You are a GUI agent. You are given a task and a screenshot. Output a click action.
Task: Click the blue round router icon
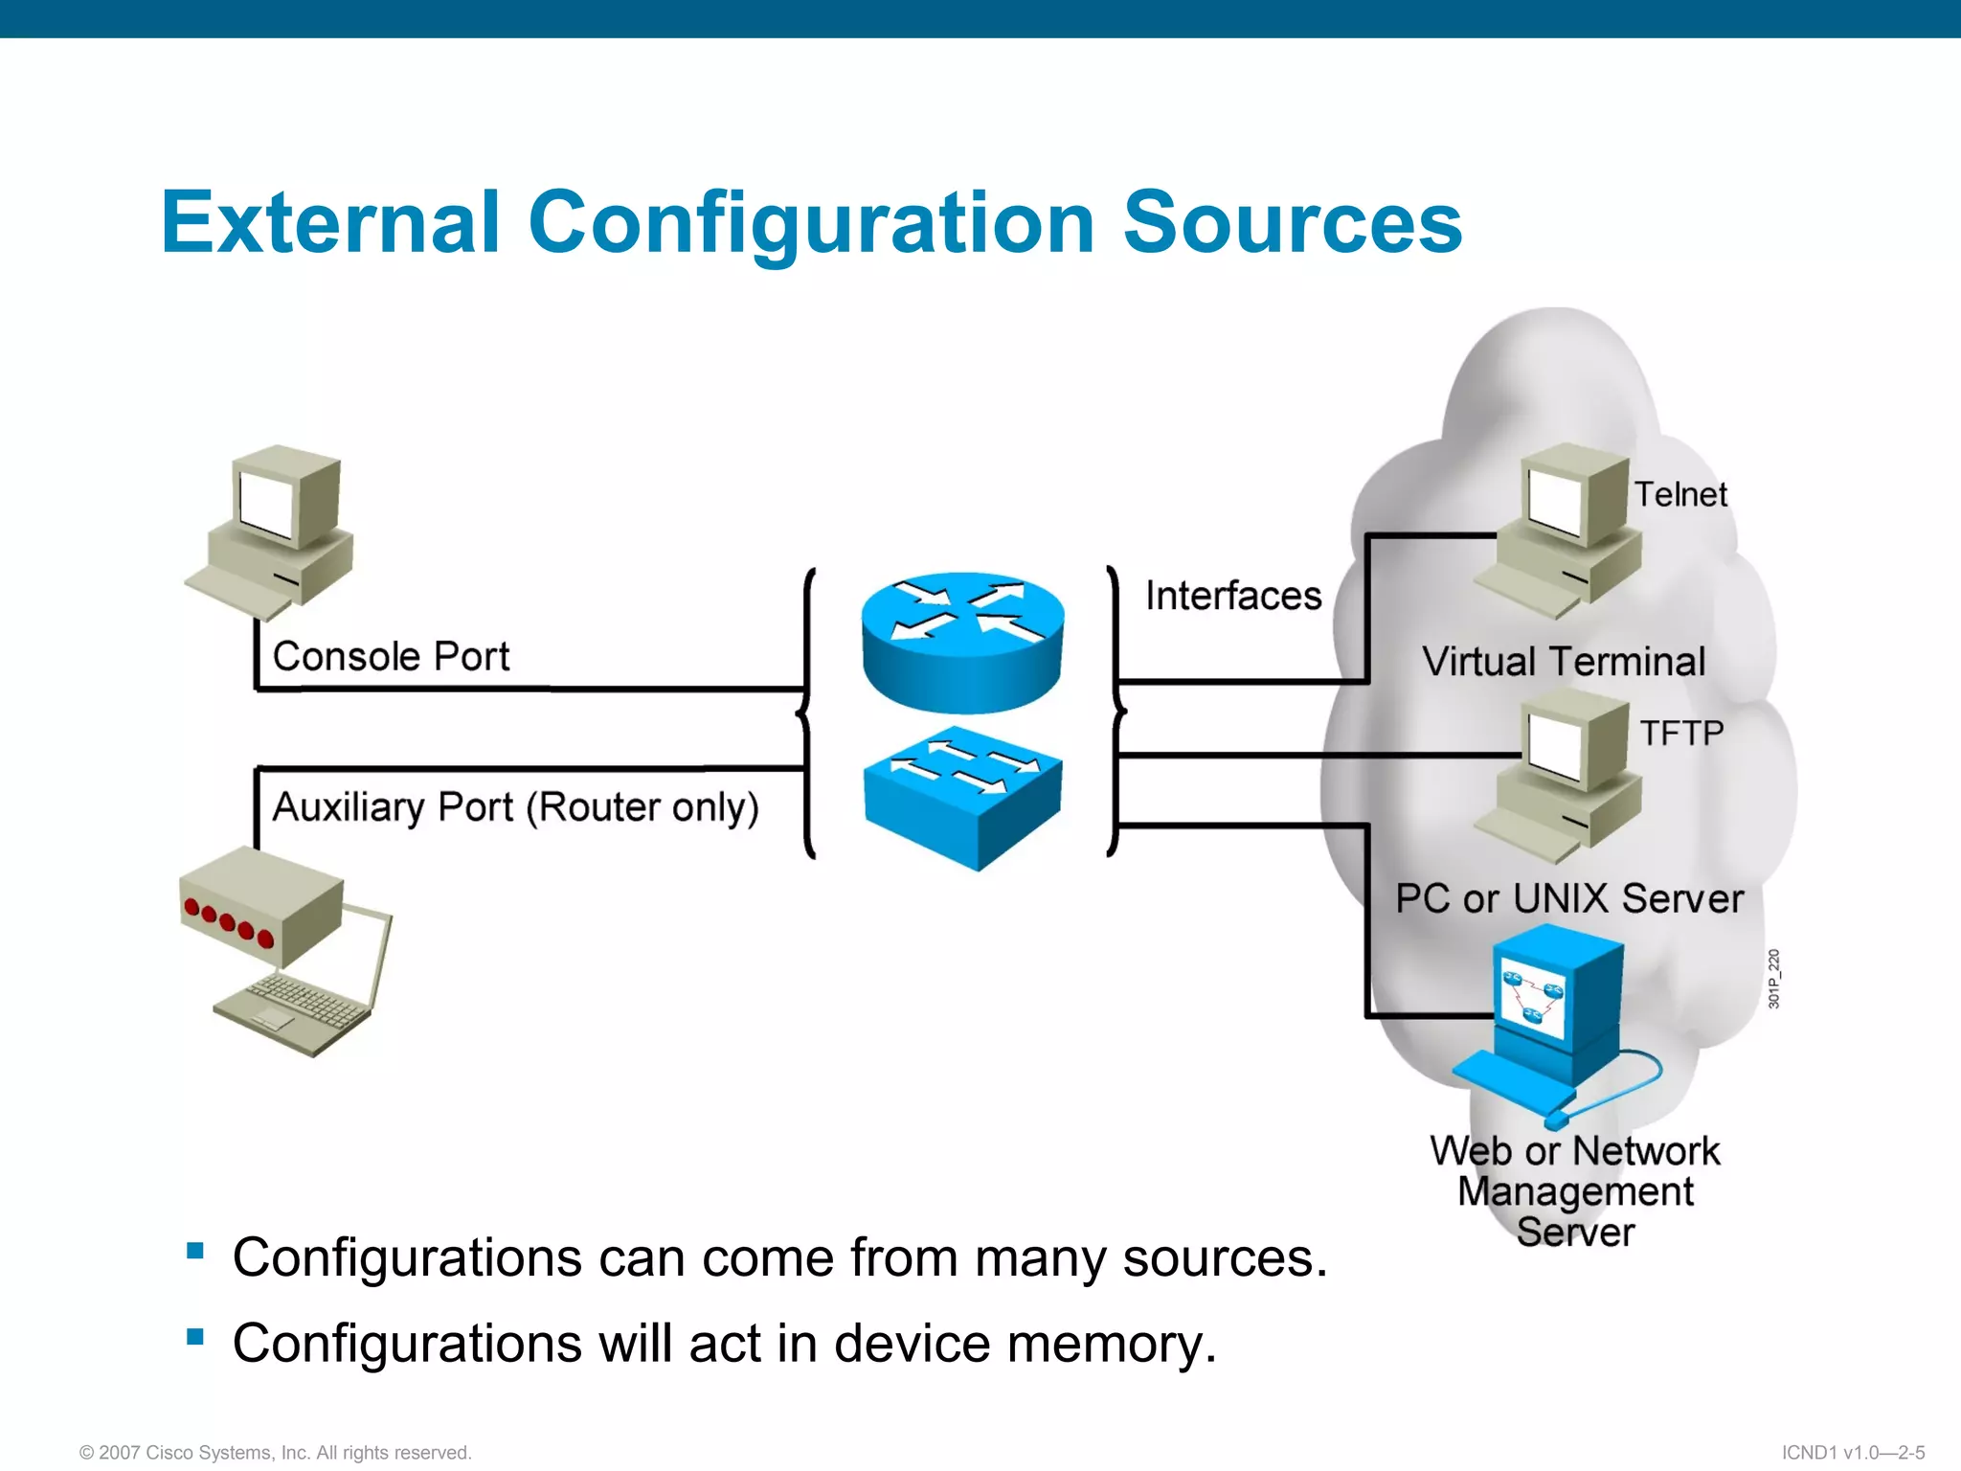pyautogui.click(x=962, y=644)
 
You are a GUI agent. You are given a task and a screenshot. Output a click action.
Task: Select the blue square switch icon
pyautogui.click(x=963, y=800)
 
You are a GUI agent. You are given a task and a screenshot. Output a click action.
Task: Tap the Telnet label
pyautogui.click(x=1680, y=495)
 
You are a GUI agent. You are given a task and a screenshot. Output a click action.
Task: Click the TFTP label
pyautogui.click(x=1681, y=734)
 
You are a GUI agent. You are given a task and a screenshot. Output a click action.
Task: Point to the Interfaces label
pyautogui.click(x=1233, y=596)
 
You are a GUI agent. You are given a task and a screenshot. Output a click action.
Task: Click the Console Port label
pyautogui.click(x=391, y=657)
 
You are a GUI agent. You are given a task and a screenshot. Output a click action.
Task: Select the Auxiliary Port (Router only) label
pyautogui.click(x=515, y=807)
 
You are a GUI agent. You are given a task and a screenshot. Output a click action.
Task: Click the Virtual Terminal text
pyautogui.click(x=1564, y=662)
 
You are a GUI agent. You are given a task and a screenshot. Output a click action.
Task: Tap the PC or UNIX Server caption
pyautogui.click(x=1569, y=899)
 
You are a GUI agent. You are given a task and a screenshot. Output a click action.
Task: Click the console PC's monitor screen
pyautogui.click(x=266, y=505)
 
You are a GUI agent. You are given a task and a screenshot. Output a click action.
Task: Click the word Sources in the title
pyautogui.click(x=1292, y=222)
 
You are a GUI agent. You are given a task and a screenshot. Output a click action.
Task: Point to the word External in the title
pyautogui.click(x=330, y=222)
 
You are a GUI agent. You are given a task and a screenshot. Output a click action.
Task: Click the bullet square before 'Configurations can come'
pyautogui.click(x=195, y=1250)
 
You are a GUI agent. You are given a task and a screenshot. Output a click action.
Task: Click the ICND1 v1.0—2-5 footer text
pyautogui.click(x=1853, y=1453)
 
